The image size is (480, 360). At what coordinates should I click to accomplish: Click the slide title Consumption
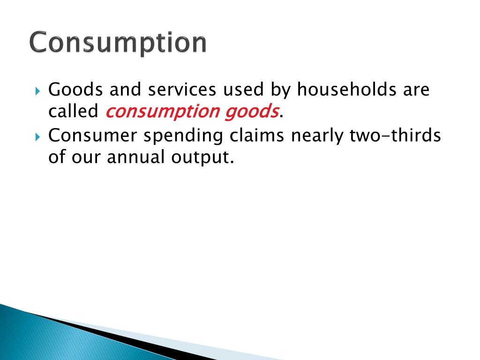point(118,43)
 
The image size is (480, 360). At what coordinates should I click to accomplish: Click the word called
point(73,112)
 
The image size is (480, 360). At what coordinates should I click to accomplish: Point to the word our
point(89,158)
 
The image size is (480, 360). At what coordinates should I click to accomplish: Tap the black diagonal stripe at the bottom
point(117,335)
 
